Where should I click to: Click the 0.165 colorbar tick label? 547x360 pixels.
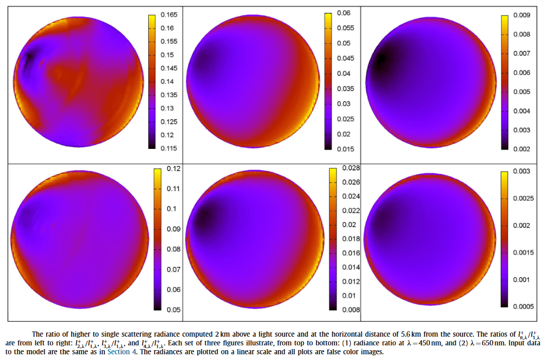point(169,15)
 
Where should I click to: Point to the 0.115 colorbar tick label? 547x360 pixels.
point(169,148)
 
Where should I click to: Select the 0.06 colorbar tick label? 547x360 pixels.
point(343,13)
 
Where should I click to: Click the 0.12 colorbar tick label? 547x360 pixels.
point(173,168)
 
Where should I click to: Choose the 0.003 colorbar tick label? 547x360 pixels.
point(522,171)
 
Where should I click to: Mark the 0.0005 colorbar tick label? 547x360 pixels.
point(524,306)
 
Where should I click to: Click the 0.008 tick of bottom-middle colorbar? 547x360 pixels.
point(351,310)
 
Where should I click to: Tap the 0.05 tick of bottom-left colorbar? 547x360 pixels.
point(173,310)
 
